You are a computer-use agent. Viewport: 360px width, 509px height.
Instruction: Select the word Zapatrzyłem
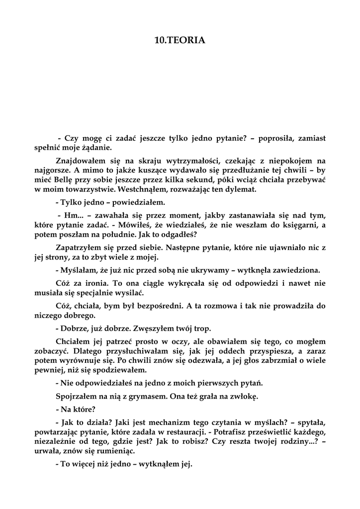77,247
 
